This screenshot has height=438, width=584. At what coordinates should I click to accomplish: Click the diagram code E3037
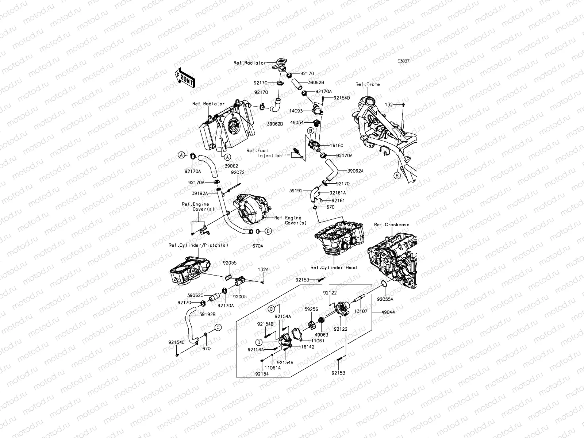coord(403,61)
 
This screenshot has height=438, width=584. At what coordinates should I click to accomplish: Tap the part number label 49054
coord(297,123)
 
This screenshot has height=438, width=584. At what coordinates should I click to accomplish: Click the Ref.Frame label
coord(368,84)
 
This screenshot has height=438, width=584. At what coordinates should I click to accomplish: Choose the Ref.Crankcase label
coord(392,225)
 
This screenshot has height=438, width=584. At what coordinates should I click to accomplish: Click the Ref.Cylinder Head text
coord(334,268)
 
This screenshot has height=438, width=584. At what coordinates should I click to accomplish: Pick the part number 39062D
coord(274,124)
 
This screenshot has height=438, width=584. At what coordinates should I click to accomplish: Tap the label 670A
coord(258,246)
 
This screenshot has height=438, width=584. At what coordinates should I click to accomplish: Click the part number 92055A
coord(385,298)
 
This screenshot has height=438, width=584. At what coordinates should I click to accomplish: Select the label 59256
coord(311,309)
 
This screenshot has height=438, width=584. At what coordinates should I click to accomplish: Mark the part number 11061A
coord(273,368)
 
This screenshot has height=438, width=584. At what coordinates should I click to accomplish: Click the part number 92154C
coord(177,342)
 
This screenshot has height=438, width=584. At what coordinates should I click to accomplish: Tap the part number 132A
coord(263,269)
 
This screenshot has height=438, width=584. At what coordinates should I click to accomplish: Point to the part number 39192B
coord(207,314)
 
